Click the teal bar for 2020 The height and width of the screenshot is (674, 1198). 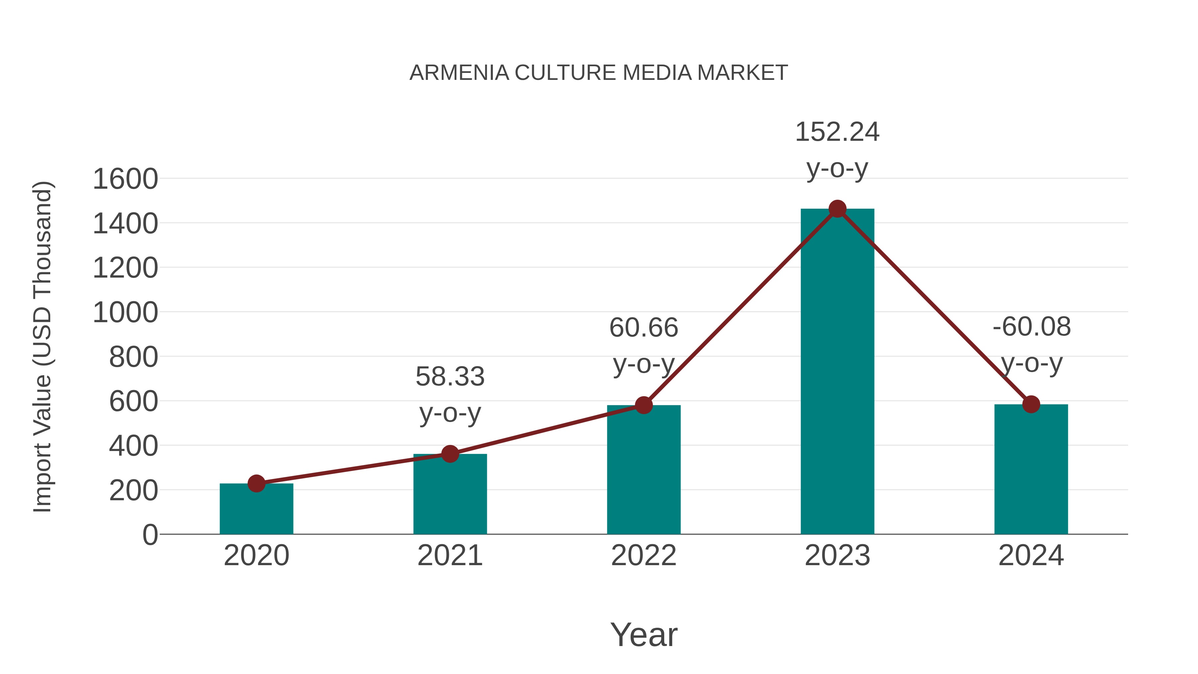tap(256, 512)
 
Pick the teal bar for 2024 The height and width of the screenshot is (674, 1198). tap(1031, 470)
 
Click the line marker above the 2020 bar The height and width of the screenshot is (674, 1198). tap(256, 483)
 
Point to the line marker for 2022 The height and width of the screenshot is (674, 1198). tap(644, 405)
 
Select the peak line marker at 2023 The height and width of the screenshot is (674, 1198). tap(837, 209)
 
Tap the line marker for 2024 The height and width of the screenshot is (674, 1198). tap(1031, 404)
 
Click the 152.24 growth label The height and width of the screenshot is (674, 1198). tap(837, 132)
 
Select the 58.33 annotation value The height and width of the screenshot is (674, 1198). tap(450, 377)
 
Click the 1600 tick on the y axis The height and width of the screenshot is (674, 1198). tap(125, 179)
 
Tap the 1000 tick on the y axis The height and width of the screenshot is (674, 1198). tap(125, 313)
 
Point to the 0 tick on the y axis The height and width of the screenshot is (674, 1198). tap(150, 535)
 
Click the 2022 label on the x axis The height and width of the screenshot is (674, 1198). tap(644, 556)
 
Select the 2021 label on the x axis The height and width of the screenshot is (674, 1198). tap(450, 556)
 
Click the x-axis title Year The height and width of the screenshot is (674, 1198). tap(644, 635)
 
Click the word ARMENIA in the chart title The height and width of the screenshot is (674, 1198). tap(459, 73)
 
